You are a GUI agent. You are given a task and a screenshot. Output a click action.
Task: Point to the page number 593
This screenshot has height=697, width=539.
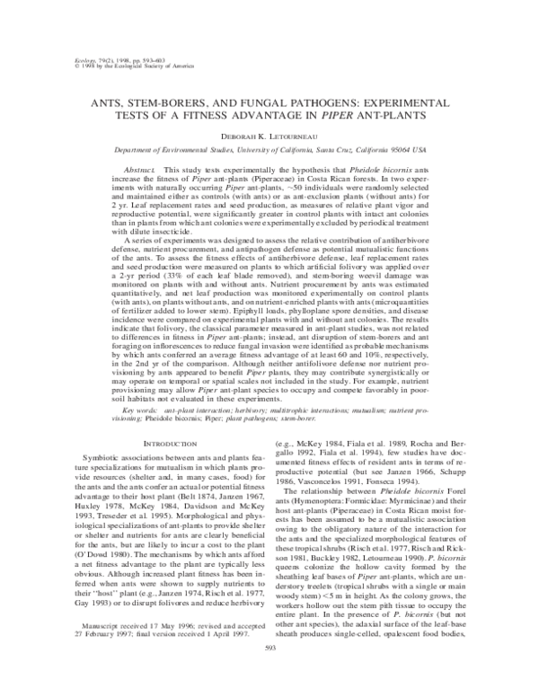(269, 671)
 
